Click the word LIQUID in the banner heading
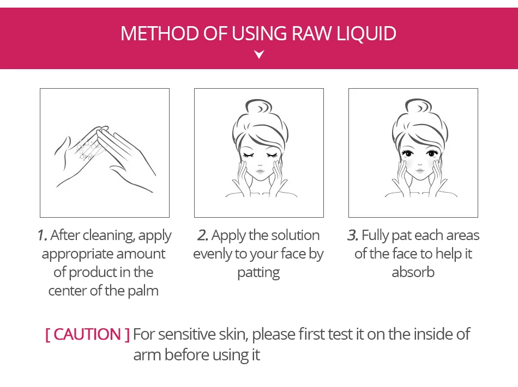point(366,34)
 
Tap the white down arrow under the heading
point(260,54)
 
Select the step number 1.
point(42,235)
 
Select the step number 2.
point(202,235)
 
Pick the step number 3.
point(352,235)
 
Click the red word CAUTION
point(87,334)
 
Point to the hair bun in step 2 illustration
point(258,107)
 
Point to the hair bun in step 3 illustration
point(419,107)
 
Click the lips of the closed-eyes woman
point(260,171)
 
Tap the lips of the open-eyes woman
point(419,170)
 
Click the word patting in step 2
point(258,273)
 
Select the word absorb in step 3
point(413,272)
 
